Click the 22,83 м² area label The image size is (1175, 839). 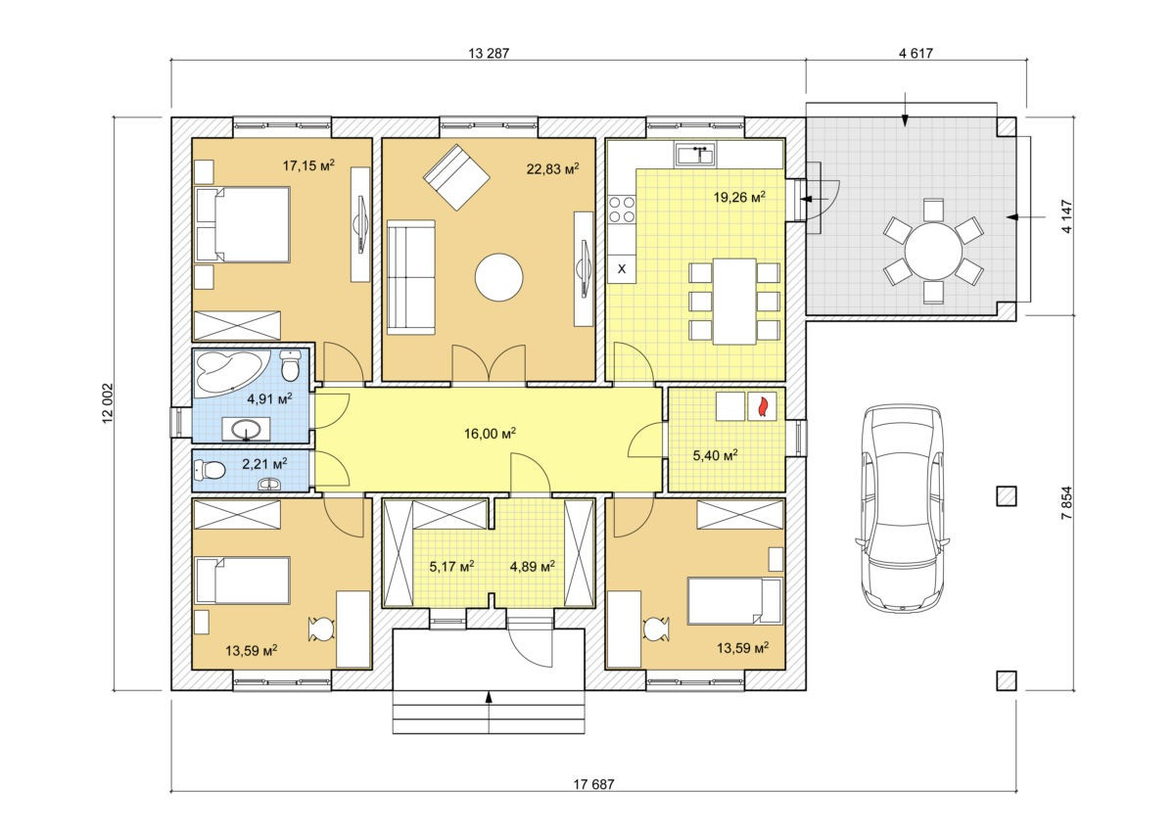[x=553, y=168]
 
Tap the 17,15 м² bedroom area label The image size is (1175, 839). [x=308, y=165]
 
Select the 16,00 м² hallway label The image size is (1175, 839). [x=490, y=434]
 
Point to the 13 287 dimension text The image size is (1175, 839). [x=489, y=53]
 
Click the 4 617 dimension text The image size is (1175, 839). [x=916, y=53]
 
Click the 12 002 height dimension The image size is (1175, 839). [x=108, y=402]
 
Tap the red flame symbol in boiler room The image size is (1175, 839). [x=762, y=406]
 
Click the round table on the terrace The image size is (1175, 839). [x=933, y=251]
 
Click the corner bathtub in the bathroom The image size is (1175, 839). [x=231, y=371]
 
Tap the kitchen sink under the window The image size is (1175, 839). [x=695, y=155]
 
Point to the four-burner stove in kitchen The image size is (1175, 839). [x=622, y=210]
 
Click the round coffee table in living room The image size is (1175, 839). [x=498, y=277]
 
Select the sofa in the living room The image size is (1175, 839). [x=410, y=277]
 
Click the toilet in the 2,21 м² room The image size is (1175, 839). [x=210, y=469]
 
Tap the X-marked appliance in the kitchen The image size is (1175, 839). [x=622, y=269]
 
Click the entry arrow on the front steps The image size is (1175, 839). [x=489, y=696]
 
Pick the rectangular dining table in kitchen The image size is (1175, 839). [x=734, y=302]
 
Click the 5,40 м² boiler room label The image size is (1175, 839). [x=715, y=455]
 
